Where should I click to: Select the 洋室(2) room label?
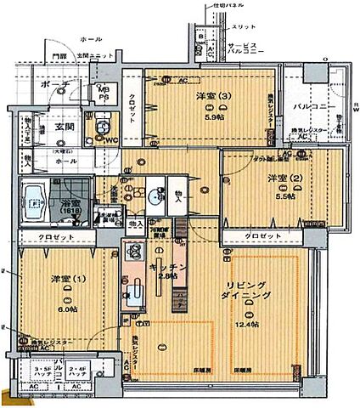(x=281, y=178)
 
